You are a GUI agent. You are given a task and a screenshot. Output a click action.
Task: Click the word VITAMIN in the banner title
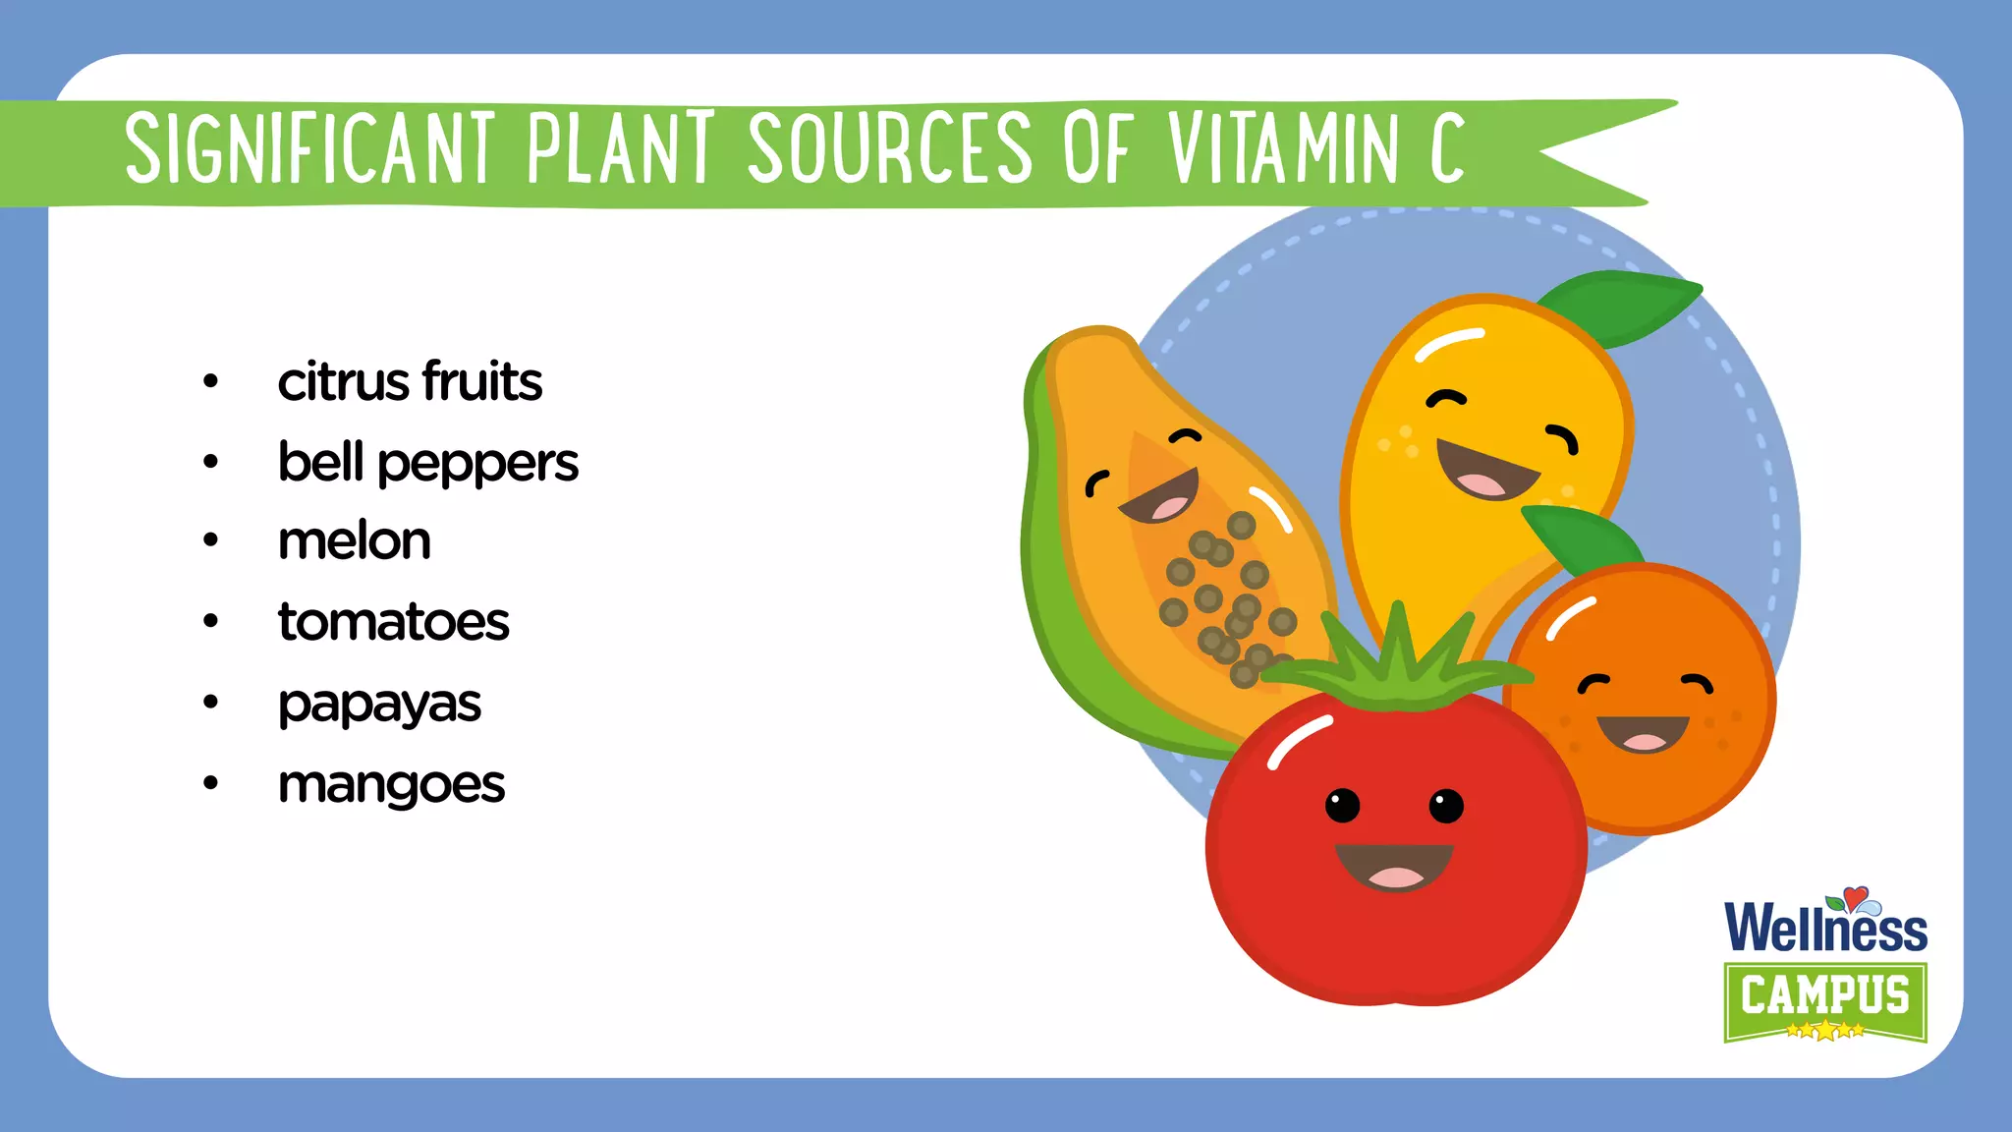pos(1282,149)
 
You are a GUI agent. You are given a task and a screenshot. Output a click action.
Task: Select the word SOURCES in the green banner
pos(889,149)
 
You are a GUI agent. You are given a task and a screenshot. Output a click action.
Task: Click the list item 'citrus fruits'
pos(410,381)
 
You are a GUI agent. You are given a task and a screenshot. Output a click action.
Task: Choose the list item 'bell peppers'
pos(428,462)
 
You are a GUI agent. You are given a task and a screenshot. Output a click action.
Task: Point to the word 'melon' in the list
pos(355,541)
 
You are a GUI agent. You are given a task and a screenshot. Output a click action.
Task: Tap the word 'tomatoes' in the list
pos(394,622)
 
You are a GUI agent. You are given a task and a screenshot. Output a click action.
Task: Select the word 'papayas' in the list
pos(380,704)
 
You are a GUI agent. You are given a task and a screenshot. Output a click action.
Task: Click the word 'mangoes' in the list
pos(392,784)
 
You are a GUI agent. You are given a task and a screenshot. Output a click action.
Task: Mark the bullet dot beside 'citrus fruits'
pos(210,381)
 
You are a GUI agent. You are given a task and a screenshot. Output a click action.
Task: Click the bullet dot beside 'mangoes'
pos(210,784)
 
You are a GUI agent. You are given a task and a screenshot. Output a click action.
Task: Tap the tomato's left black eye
pos(1343,806)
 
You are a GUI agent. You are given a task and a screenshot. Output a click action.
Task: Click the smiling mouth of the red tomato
pos(1394,865)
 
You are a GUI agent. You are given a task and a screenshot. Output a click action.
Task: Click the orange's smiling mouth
pos(1643,733)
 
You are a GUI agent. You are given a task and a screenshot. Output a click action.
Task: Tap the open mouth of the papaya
pos(1162,497)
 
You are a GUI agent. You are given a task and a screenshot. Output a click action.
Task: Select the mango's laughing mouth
pos(1484,471)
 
